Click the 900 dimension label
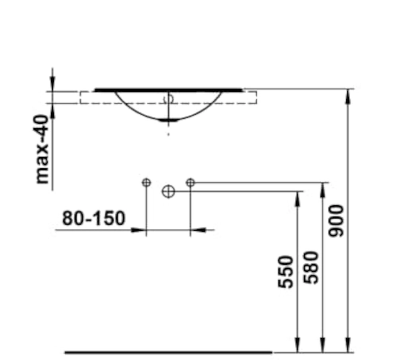(336, 221)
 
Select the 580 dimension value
(311, 268)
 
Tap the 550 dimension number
(286, 272)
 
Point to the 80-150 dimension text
(93, 218)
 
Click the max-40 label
(42, 149)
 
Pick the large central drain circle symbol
(168, 192)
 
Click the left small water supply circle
(147, 182)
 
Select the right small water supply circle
(190, 182)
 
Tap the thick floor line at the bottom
(168, 352)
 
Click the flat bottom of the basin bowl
(168, 121)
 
